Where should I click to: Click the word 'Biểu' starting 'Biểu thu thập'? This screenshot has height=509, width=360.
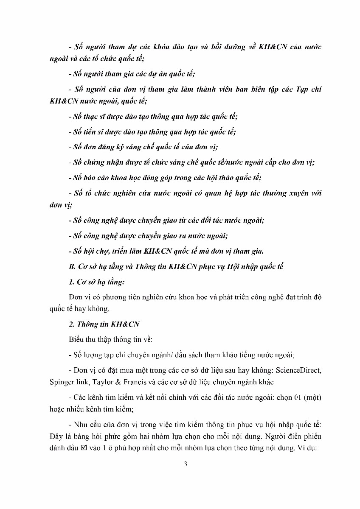[x=76, y=339]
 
